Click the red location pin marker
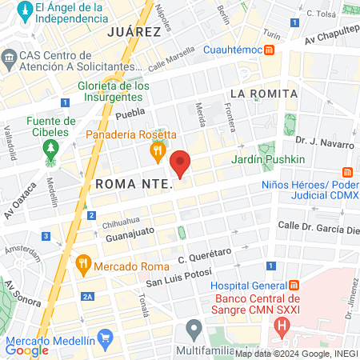[x=181, y=163]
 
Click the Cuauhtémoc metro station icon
[x=270, y=50]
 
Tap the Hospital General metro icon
[x=294, y=286]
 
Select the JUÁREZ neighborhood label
[x=134, y=31]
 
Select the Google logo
[x=26, y=350]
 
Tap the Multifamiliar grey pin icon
[x=194, y=327]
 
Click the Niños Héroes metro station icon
[x=347, y=173]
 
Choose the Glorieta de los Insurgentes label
[x=114, y=92]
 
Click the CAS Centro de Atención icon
[x=10, y=58]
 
